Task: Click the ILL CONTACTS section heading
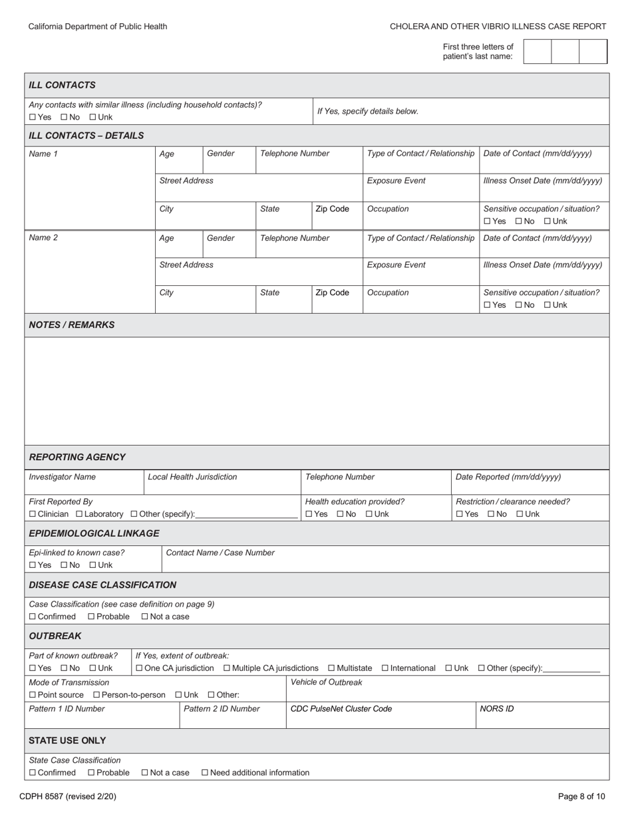tap(62, 85)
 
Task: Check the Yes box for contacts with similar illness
tap(33, 117)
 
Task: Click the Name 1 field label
tap(43, 154)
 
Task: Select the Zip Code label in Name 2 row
tap(332, 293)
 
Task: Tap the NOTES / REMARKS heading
tap(71, 325)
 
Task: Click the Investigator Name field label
tap(62, 477)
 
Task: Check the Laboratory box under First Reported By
tap(79, 514)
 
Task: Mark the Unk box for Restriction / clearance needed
tap(520, 514)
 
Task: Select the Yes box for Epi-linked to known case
tap(33, 565)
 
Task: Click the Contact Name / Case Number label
tap(220, 553)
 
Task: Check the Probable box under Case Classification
tap(91, 616)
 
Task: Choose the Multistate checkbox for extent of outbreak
tap(331, 668)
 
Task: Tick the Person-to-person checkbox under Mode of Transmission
tap(96, 695)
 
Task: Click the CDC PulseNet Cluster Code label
tap(341, 709)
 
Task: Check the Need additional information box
tap(205, 773)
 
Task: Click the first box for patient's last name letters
tap(538, 51)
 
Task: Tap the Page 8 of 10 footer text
tap(581, 796)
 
